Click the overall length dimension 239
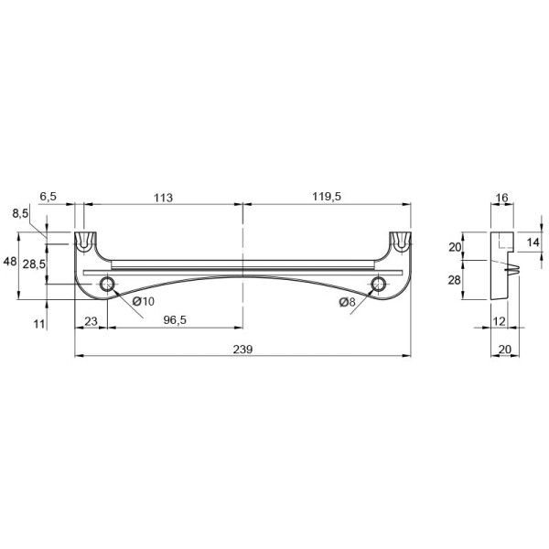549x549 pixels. pos(242,350)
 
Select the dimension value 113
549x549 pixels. pos(163,198)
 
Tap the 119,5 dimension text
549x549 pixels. pos(327,197)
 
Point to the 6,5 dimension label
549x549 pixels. pos(48,197)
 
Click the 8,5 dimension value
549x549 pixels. pos(20,213)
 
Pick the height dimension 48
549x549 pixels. pos(9,261)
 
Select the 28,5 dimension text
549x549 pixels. pos(34,264)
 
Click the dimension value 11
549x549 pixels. pos(39,324)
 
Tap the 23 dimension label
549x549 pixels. pos(91,321)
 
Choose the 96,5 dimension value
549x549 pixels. pos(175,319)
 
